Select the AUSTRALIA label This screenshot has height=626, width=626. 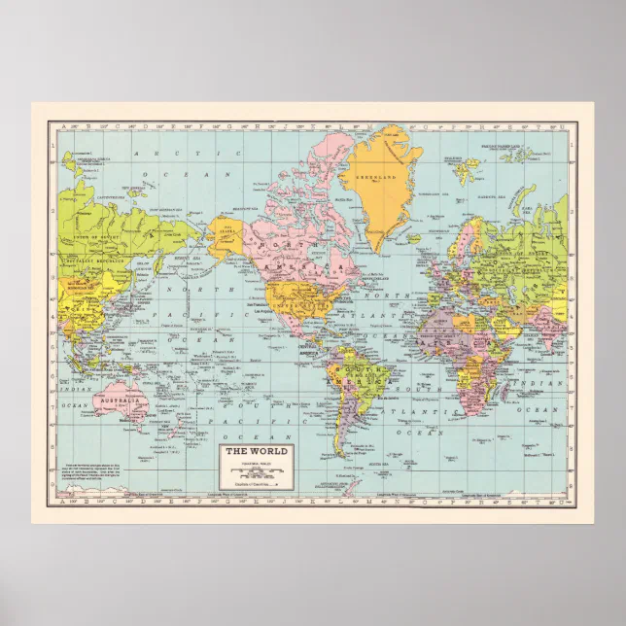coord(122,400)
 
